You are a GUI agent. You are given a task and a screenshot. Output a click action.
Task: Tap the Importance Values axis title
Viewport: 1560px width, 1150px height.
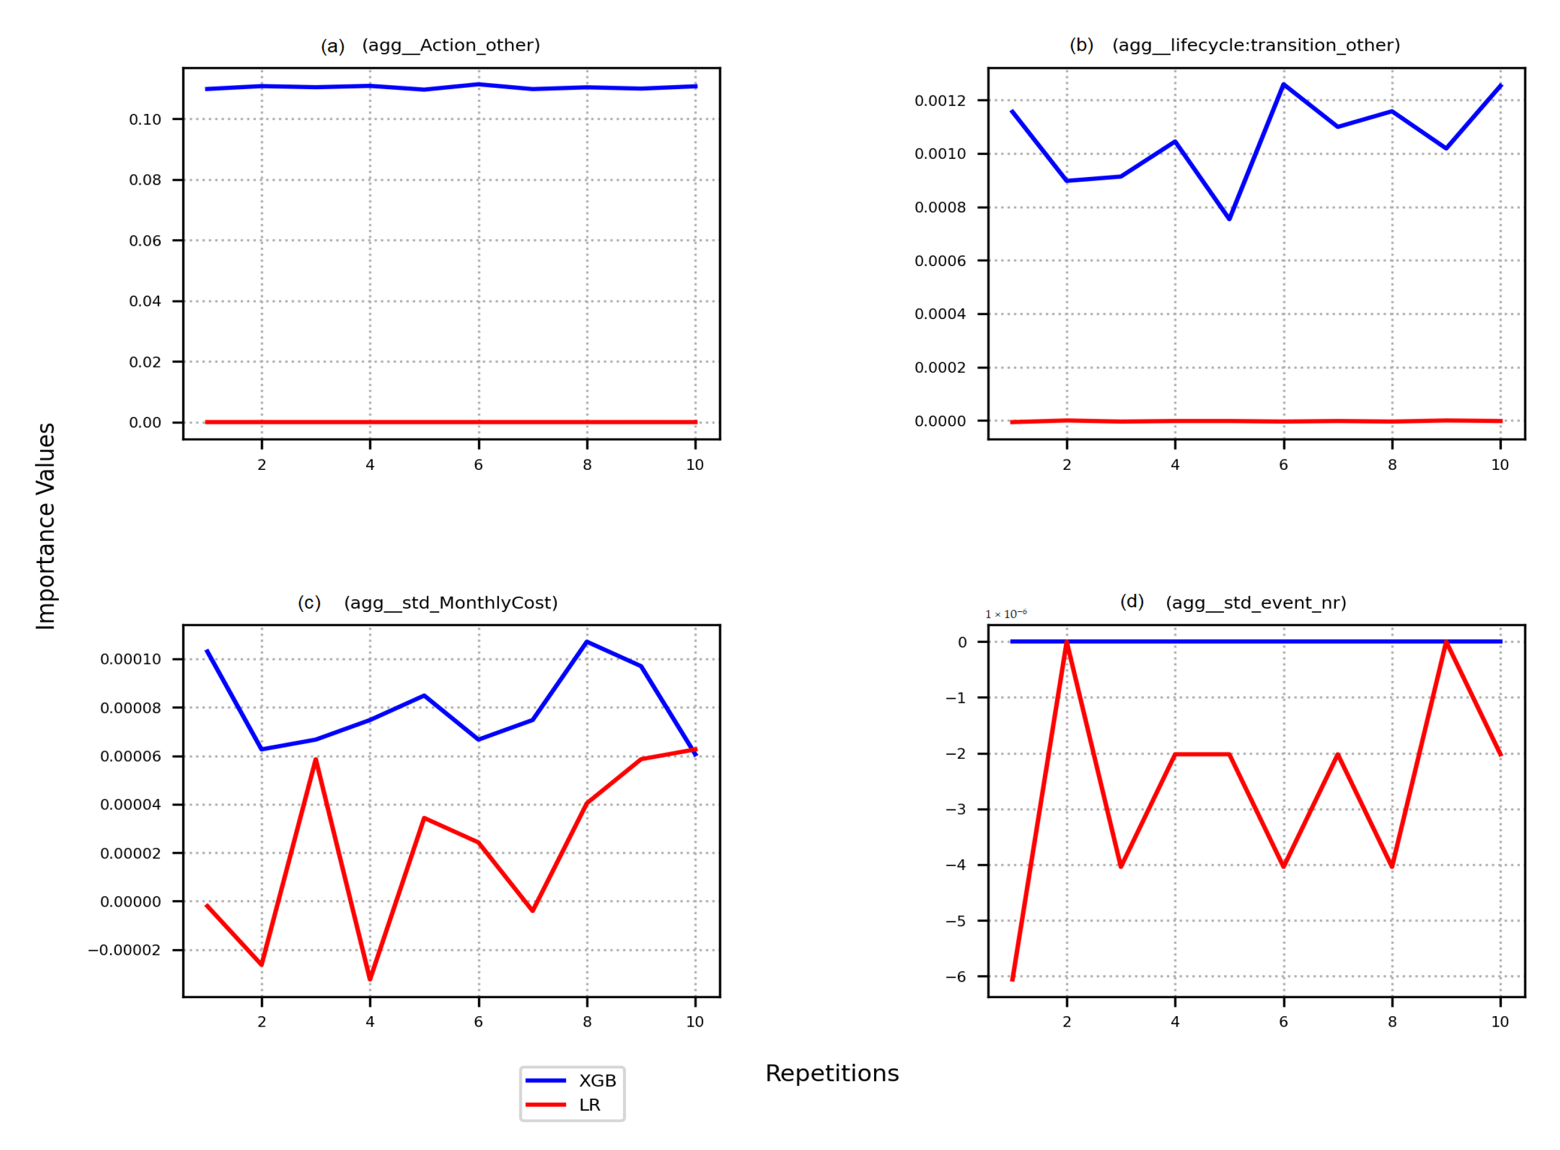pyautogui.click(x=46, y=526)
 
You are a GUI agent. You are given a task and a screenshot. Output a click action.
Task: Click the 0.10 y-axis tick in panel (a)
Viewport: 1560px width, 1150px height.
pyautogui.click(x=145, y=120)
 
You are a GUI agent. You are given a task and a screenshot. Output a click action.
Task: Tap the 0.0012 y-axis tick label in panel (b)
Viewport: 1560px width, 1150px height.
pyautogui.click(x=940, y=101)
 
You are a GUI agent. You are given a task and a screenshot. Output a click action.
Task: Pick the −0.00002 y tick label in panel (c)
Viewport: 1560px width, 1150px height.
pyautogui.click(x=124, y=951)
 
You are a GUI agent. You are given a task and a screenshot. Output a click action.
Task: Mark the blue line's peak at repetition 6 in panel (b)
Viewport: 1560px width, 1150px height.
pyautogui.click(x=1283, y=84)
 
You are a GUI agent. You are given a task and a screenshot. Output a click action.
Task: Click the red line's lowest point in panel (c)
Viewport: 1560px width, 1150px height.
pyautogui.click(x=370, y=980)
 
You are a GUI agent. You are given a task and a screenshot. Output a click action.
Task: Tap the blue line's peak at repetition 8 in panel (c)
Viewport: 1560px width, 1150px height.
pyautogui.click(x=587, y=642)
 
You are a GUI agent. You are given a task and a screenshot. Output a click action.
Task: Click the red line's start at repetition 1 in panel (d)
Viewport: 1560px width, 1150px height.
pyautogui.click(x=1012, y=980)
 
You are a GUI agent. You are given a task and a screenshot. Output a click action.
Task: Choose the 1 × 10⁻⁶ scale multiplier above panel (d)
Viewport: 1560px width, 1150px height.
pyautogui.click(x=1005, y=614)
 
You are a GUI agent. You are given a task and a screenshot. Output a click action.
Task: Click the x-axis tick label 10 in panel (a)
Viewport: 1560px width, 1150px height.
pyautogui.click(x=695, y=465)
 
